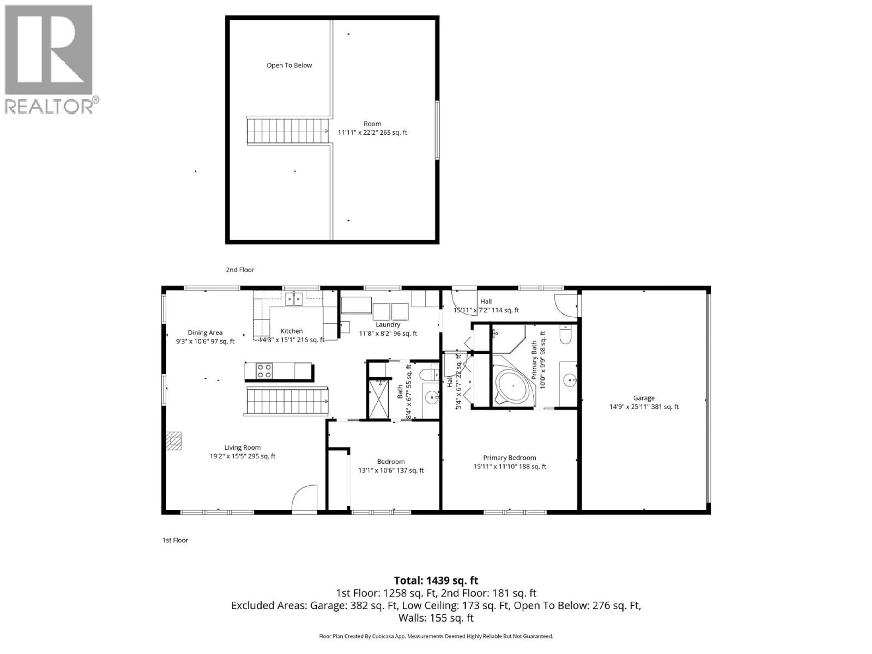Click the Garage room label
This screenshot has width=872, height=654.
click(644, 398)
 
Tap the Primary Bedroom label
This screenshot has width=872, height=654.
click(509, 458)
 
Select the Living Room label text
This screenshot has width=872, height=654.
click(243, 447)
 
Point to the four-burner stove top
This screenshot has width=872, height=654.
click(264, 371)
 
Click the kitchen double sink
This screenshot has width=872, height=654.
click(294, 299)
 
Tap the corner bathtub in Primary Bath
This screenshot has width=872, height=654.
click(511, 386)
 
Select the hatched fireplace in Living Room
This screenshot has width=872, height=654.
click(173, 441)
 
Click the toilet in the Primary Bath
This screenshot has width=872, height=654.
click(565, 335)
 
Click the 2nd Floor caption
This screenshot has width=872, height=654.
click(240, 270)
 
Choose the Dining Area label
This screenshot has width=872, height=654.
click(205, 333)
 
